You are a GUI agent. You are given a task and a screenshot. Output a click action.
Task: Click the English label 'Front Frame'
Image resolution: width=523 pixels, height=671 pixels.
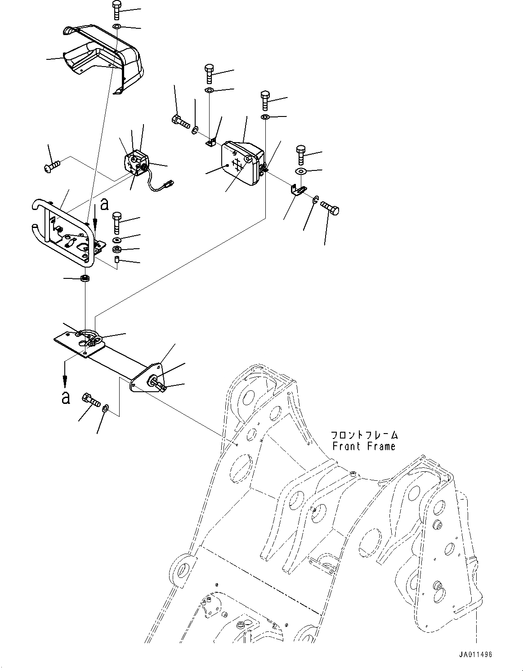[x=364, y=446]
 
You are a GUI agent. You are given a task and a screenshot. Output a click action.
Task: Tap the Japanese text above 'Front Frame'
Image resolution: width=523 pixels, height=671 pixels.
[x=364, y=435]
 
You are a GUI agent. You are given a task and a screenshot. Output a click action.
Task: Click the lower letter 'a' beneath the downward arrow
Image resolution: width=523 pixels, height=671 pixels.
[x=66, y=397]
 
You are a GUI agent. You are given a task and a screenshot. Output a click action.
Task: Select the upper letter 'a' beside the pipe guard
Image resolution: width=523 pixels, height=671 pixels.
[x=104, y=205]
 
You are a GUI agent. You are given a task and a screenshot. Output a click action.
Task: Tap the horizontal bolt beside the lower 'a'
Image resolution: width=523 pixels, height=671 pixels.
[x=90, y=399]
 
